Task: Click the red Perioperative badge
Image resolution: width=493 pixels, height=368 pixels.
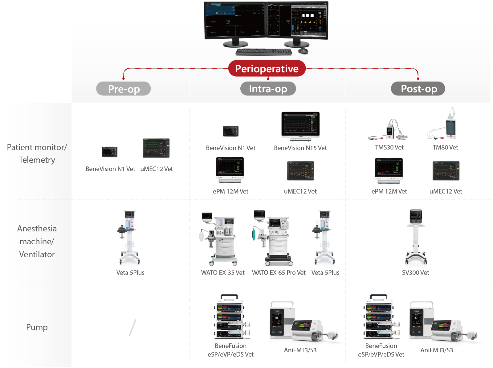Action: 267,69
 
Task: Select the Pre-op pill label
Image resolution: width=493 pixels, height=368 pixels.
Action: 124,89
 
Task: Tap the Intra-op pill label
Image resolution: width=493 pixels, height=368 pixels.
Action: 268,89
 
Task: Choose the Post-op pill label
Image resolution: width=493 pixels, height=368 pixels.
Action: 418,89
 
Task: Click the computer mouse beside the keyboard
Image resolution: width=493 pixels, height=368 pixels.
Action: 303,51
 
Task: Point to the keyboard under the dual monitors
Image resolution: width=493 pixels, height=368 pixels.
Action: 264,52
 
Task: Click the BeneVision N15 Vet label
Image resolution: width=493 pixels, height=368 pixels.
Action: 300,148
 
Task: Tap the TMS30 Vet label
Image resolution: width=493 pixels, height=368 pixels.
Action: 389,147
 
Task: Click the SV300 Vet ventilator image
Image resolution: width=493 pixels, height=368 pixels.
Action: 416,237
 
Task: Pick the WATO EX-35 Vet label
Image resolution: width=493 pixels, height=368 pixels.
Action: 222,273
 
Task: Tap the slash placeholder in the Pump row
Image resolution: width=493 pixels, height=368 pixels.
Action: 132,328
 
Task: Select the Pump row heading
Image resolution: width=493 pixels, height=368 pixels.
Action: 37,327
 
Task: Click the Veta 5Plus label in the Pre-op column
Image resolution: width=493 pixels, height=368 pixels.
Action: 130,273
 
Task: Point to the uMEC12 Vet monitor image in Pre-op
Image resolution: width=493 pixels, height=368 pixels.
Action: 156,148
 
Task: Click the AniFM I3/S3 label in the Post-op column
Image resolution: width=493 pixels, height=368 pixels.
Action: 437,350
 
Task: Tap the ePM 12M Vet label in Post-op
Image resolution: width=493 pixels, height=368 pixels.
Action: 389,191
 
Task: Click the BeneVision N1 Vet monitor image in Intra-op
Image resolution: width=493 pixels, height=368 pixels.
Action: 231,131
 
